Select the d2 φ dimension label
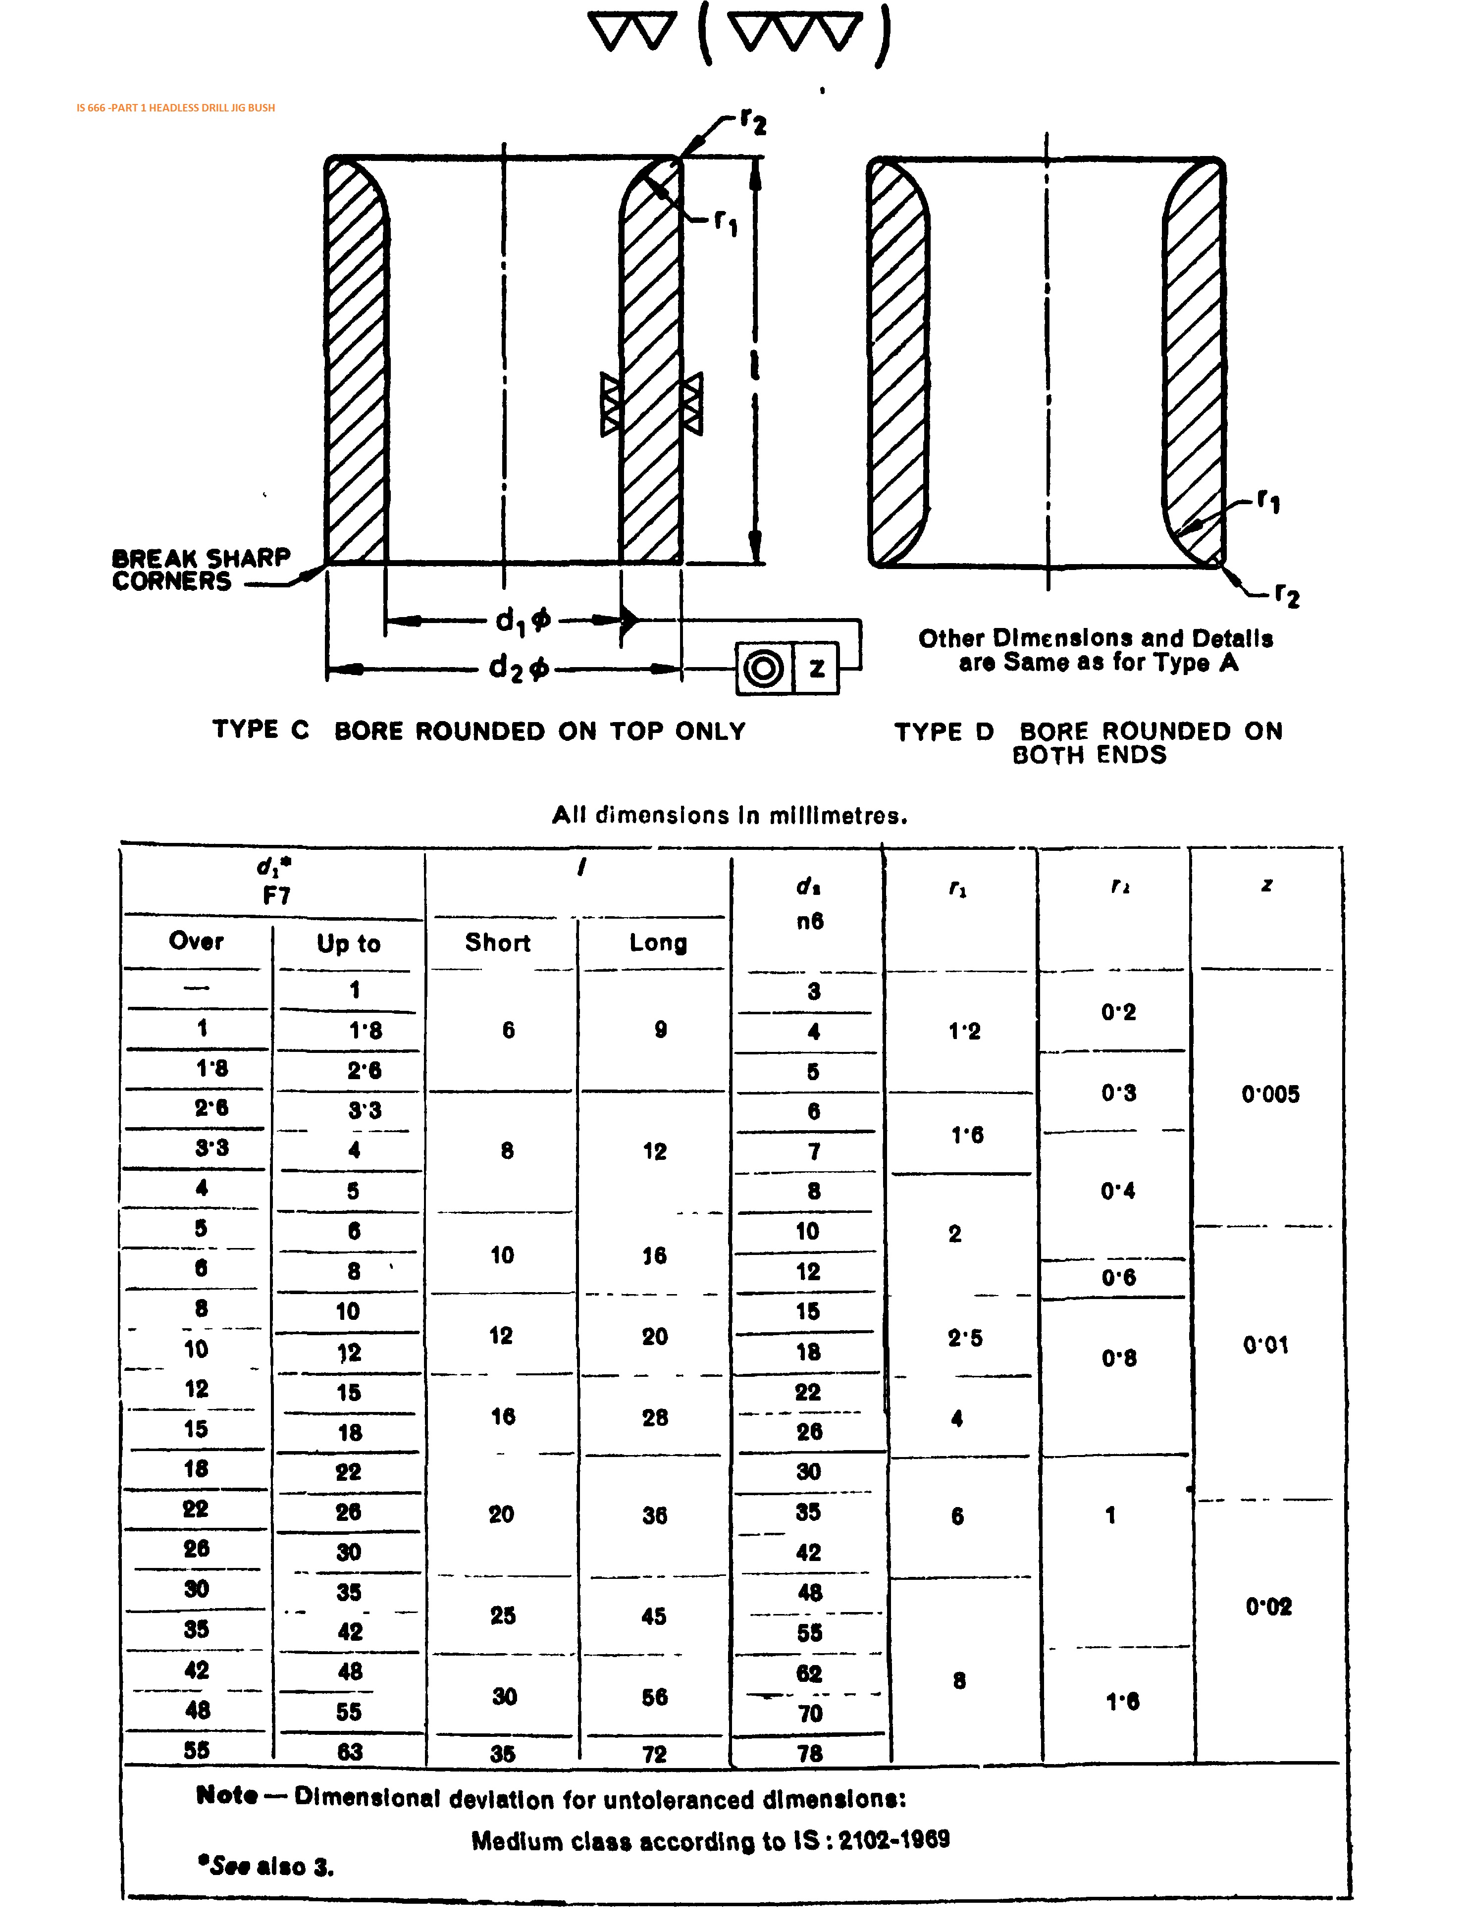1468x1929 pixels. point(519,669)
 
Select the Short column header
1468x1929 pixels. point(497,942)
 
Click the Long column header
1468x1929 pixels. point(658,942)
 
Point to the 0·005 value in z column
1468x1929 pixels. point(1270,1094)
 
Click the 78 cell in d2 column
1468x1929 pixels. point(809,1753)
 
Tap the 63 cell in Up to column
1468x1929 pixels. point(349,1752)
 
